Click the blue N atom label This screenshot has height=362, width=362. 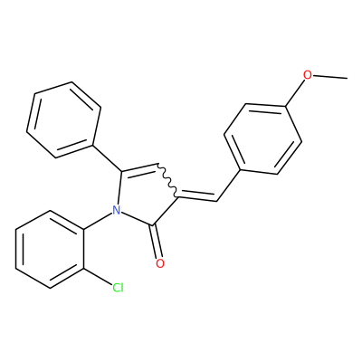pyautogui.click(x=116, y=210)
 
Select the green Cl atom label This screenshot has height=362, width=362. pyautogui.click(x=118, y=288)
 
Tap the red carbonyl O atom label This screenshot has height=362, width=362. pyautogui.click(x=160, y=263)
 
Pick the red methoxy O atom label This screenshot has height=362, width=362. pyautogui.click(x=307, y=74)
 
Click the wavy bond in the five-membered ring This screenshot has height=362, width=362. pyautogui.click(x=168, y=181)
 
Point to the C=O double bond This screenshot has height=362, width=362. pyautogui.click(x=157, y=242)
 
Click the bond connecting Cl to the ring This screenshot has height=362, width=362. pyautogui.click(x=98, y=275)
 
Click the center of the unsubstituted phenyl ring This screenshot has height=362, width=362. pyautogui.click(x=63, y=119)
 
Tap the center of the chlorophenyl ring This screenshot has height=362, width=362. pyautogui.click(x=50, y=249)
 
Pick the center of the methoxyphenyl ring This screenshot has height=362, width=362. pyautogui.click(x=262, y=139)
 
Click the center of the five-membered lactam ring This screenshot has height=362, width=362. pyautogui.click(x=145, y=195)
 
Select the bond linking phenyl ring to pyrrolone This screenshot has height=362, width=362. pyautogui.click(x=107, y=158)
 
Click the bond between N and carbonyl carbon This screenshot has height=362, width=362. pyautogui.click(x=138, y=218)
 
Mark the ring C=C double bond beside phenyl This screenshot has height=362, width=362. pyautogui.click(x=139, y=169)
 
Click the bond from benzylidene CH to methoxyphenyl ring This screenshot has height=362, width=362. pyautogui.click(x=229, y=186)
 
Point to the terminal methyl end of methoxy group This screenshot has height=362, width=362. pyautogui.click(x=347, y=79)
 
